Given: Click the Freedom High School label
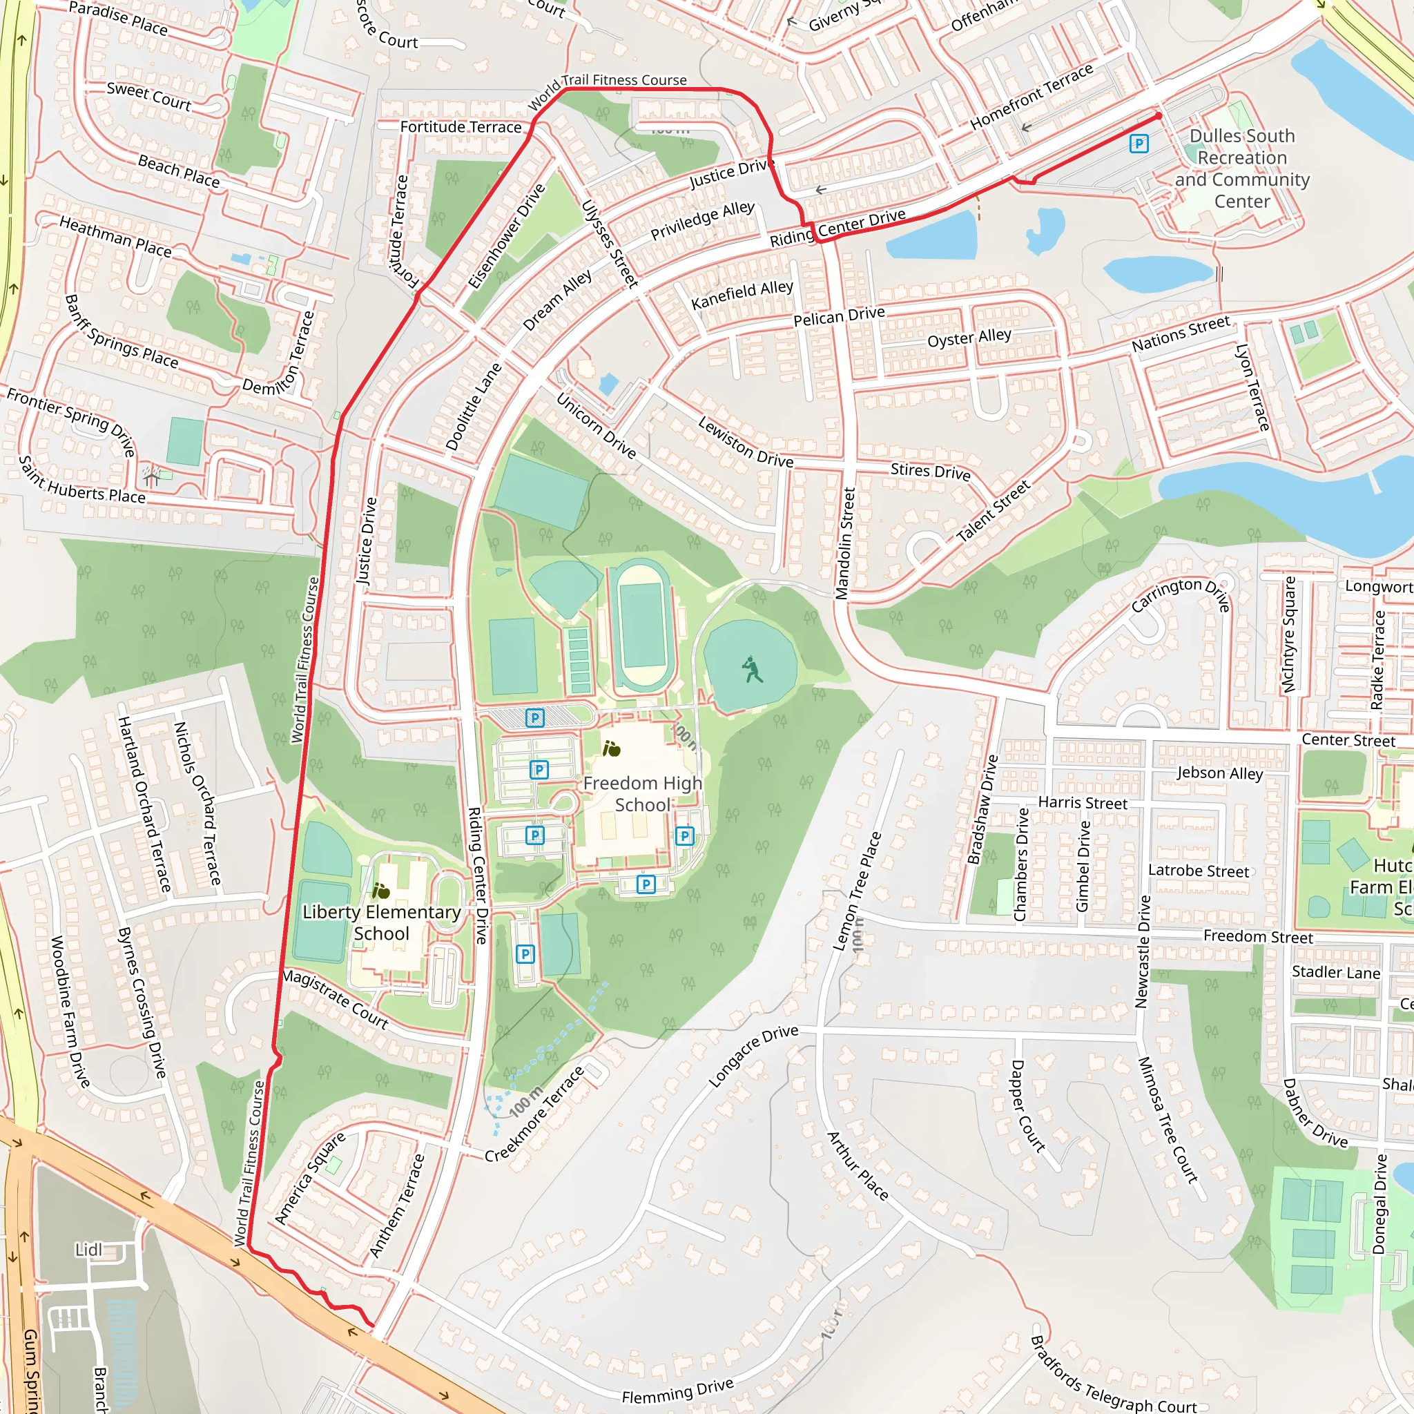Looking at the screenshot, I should tap(642, 794).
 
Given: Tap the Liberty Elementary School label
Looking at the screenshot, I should tap(381, 922).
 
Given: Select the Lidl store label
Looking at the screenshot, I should tap(88, 1249).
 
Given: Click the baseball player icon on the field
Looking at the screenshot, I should tap(752, 669).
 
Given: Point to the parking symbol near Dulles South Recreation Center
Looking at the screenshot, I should tap(1138, 144).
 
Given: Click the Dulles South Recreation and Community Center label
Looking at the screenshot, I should tap(1242, 168).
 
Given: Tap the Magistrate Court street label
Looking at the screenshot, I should tap(335, 999).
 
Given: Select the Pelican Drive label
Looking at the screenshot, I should tap(839, 316).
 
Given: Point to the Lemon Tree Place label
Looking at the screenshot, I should tap(857, 891).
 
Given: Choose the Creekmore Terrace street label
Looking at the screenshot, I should tap(535, 1114).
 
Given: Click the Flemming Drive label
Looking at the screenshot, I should tap(677, 1391).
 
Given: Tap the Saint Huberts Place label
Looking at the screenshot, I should tap(81, 481).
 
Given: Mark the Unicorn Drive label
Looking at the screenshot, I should tap(596, 426).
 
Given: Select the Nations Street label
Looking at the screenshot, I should tap(1181, 333).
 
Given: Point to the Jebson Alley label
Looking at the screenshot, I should tap(1219, 773).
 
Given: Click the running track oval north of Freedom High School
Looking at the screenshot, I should tap(642, 626).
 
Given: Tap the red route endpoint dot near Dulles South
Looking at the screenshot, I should tap(1159, 115).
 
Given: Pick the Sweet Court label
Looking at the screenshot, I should tap(148, 96).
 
